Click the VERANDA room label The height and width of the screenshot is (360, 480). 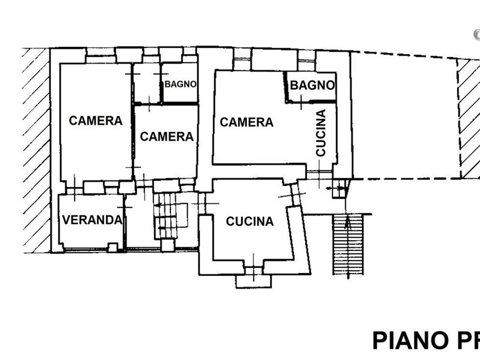tap(92, 220)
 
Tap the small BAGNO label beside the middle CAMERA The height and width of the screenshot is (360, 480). tap(181, 84)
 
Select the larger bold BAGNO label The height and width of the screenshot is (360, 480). tap(312, 85)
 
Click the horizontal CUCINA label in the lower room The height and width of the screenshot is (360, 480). tap(250, 221)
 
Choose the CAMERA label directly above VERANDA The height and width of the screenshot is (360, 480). tap(95, 121)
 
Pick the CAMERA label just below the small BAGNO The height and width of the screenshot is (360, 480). tap(167, 137)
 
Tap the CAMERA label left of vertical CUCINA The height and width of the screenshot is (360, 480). tap(247, 122)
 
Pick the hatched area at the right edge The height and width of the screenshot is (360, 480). tap(469, 117)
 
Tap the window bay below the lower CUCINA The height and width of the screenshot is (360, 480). tap(253, 280)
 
